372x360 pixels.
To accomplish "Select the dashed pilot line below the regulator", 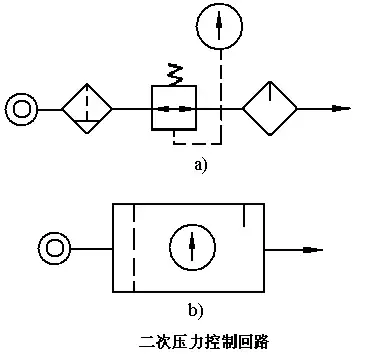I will [196, 134].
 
